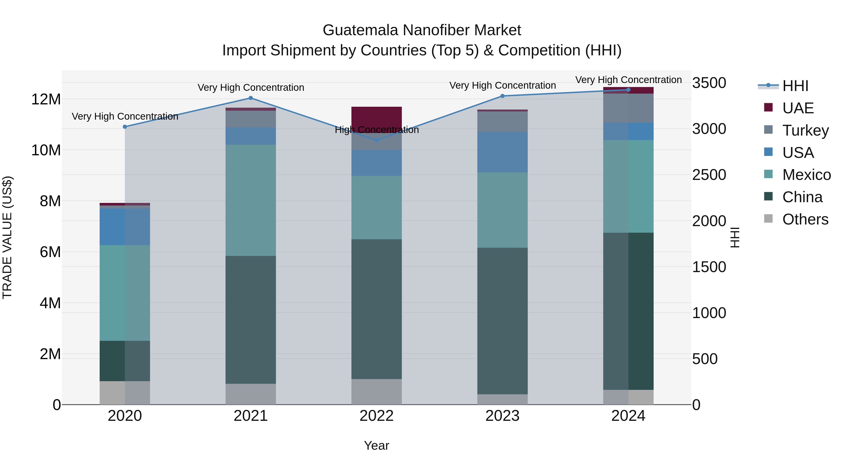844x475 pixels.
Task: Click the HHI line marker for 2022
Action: (x=377, y=140)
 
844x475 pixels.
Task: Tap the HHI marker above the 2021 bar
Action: (x=251, y=98)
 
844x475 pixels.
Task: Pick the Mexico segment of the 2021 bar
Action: (x=251, y=200)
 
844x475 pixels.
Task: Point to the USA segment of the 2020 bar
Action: (x=124, y=227)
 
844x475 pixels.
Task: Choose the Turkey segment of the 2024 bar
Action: (x=628, y=108)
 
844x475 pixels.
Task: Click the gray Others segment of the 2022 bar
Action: (x=377, y=392)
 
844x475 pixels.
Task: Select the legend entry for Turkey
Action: (x=805, y=130)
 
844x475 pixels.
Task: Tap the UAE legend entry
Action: (x=798, y=108)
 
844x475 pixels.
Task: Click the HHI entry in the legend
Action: (x=795, y=86)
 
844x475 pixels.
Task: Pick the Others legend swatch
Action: (x=768, y=219)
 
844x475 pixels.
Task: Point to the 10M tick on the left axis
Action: (x=46, y=150)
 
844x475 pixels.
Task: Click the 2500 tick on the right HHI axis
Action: (x=709, y=175)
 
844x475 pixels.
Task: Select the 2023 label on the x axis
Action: (x=502, y=416)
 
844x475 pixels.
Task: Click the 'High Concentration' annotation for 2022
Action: (x=377, y=130)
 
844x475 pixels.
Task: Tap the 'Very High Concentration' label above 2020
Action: (x=124, y=116)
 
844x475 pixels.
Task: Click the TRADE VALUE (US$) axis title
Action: (x=7, y=237)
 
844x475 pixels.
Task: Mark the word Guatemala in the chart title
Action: (x=360, y=30)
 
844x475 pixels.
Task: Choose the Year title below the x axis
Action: (x=377, y=445)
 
